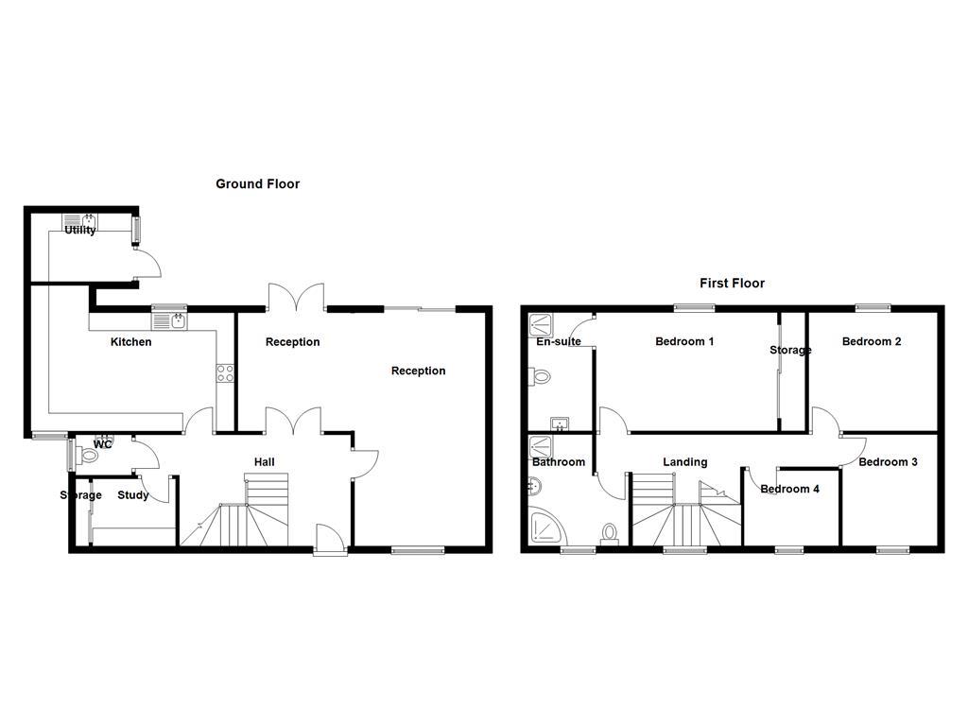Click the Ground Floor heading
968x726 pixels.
point(257,184)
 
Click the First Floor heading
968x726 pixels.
point(732,283)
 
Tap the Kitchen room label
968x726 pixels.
point(130,342)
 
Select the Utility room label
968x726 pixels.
point(80,230)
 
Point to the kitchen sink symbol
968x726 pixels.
point(170,321)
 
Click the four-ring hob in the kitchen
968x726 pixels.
point(225,373)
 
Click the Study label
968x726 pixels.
point(133,494)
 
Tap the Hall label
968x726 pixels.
point(264,462)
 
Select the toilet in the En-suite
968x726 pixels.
point(541,376)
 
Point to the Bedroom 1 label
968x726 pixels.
point(684,341)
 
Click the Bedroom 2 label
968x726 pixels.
point(872,341)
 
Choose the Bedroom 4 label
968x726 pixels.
point(790,489)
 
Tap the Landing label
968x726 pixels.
point(684,462)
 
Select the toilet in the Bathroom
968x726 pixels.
point(610,534)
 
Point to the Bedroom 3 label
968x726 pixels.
point(888,462)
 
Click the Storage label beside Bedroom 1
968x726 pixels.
point(790,351)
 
